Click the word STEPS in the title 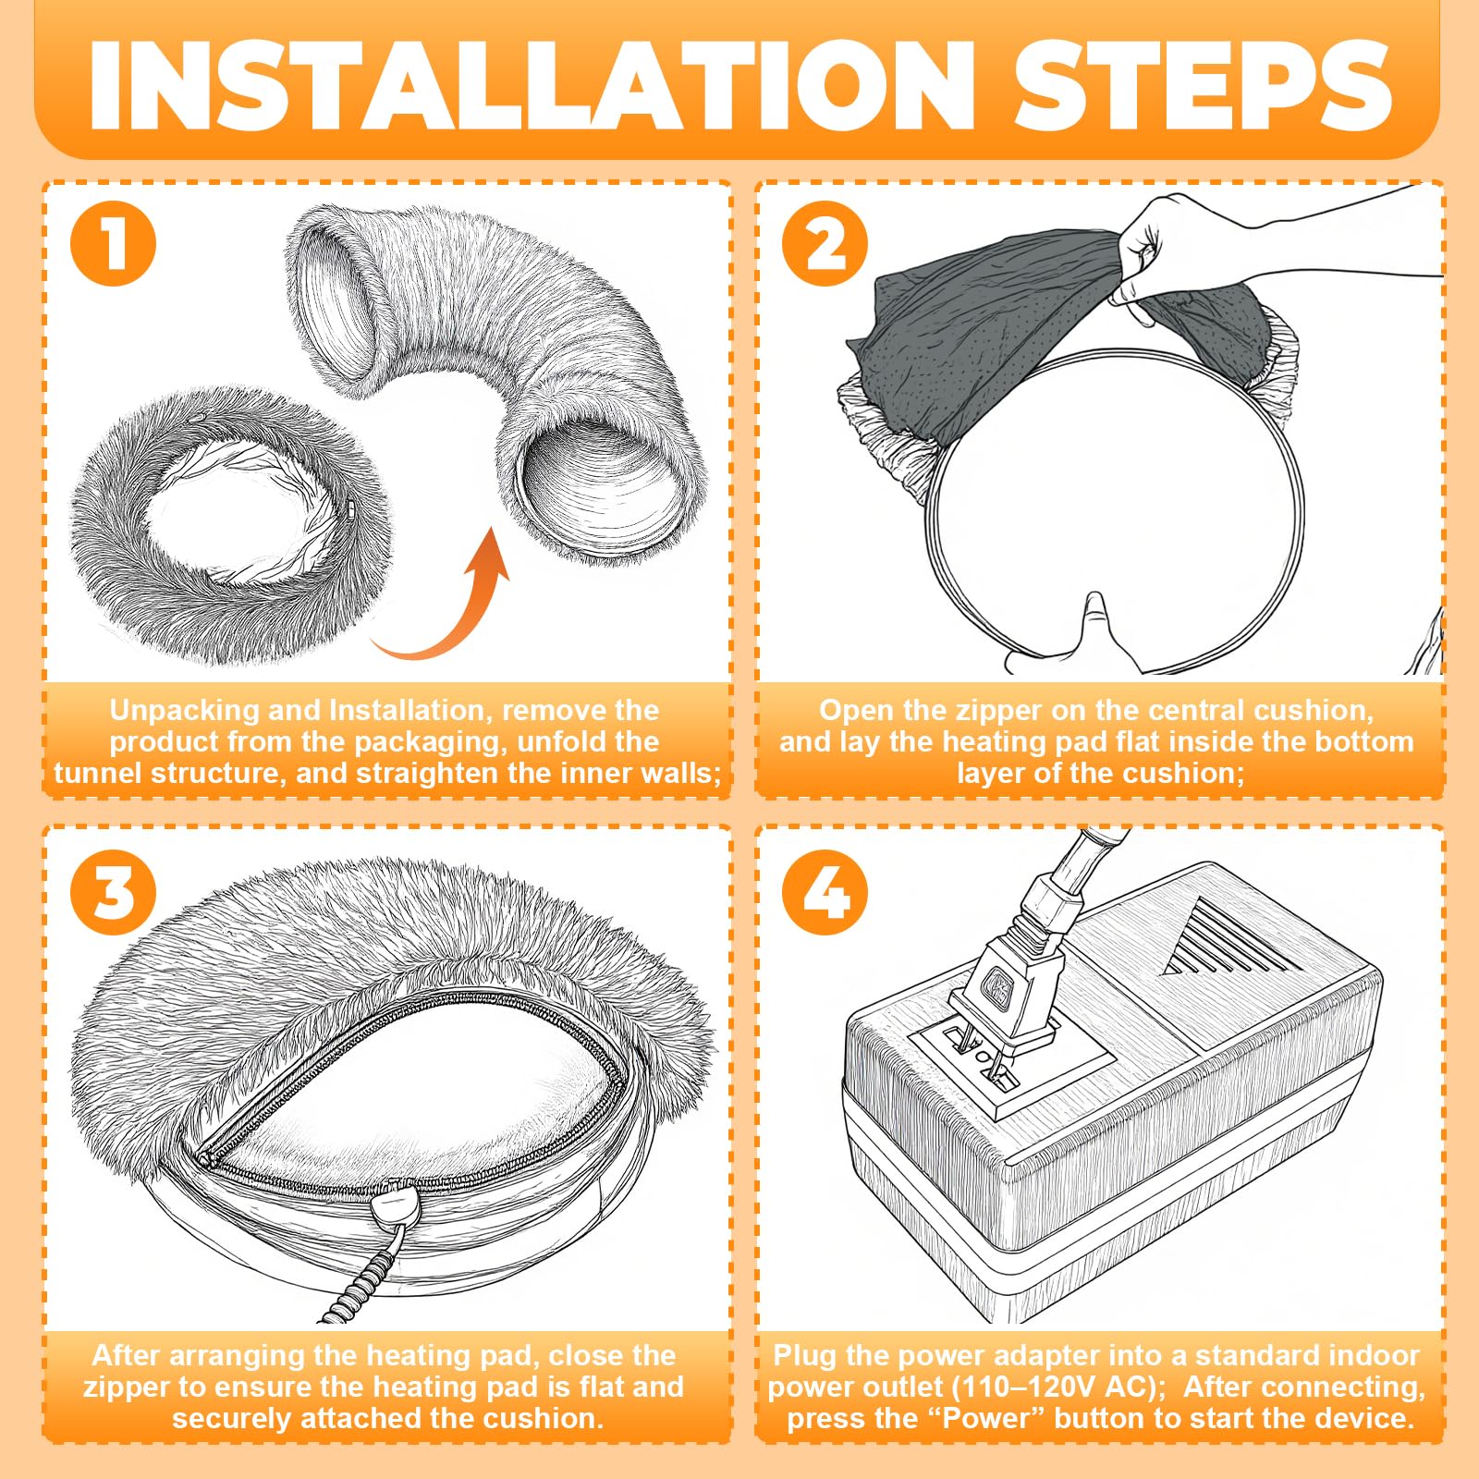tap(1203, 85)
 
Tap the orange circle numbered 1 tap(114, 243)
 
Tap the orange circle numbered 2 tap(825, 243)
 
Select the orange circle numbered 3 tap(114, 892)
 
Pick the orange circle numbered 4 tap(825, 892)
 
